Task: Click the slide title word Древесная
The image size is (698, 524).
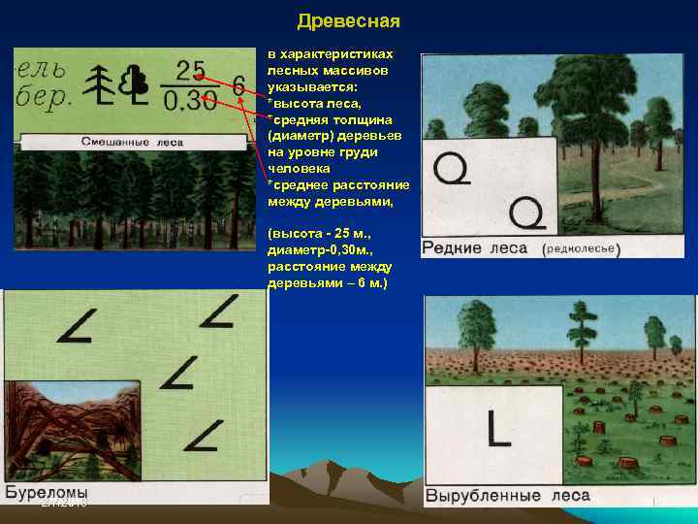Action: coord(348,21)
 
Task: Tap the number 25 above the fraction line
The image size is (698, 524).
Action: coord(190,70)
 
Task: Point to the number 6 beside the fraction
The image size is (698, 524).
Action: coord(238,86)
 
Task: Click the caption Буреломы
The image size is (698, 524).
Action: coord(47,491)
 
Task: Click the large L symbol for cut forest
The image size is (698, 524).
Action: coord(498,428)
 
